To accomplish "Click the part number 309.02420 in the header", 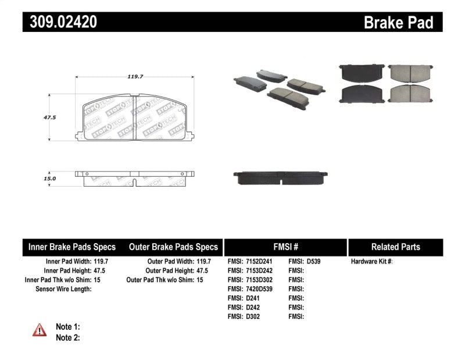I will (x=60, y=22).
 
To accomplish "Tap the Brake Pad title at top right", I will (x=398, y=23).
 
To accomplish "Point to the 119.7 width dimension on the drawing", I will (x=135, y=76).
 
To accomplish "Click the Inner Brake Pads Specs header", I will (x=72, y=247).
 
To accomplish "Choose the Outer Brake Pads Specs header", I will (x=173, y=247).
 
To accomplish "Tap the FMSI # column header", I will (x=285, y=247).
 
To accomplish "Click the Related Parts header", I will (x=395, y=247).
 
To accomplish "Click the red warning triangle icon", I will (x=40, y=330).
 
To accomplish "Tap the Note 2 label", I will (x=68, y=337).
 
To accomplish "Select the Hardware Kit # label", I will (x=371, y=262).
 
